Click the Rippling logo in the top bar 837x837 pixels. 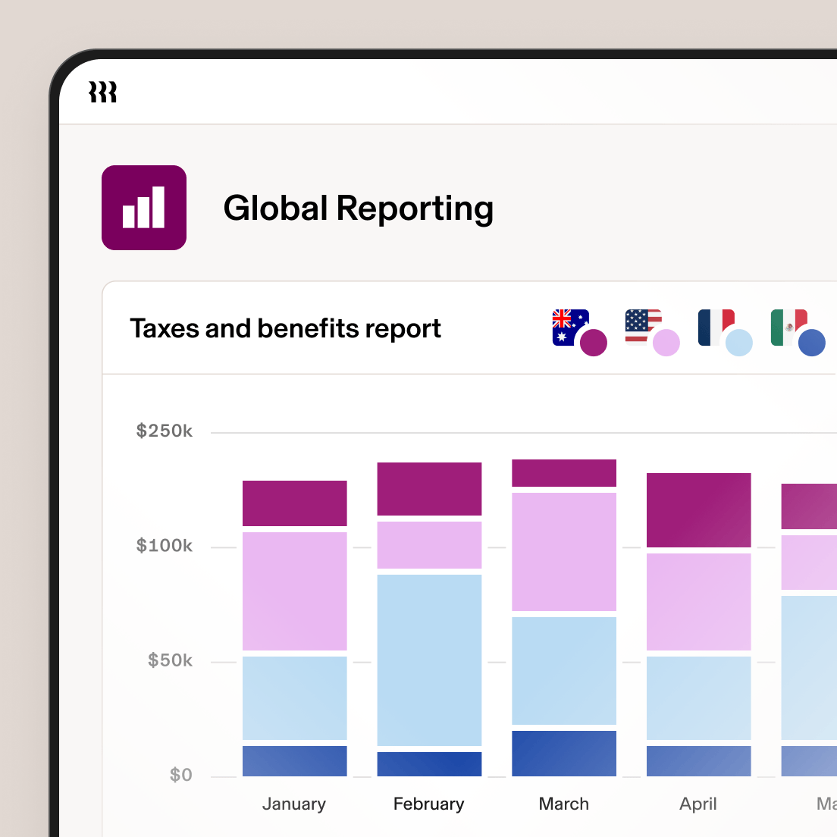[103, 92]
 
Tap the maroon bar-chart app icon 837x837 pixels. [144, 208]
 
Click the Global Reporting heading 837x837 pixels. [358, 208]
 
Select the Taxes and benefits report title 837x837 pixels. [285, 328]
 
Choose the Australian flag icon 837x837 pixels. [570, 328]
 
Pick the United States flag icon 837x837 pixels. [643, 328]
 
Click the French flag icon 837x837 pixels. [716, 328]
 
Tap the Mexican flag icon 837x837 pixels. [788, 328]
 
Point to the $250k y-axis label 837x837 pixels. [164, 431]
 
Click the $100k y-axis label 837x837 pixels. [164, 546]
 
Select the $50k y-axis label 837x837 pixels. [170, 660]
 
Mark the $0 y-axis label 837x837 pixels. [180, 775]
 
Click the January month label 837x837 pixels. [294, 804]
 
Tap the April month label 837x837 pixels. [698, 804]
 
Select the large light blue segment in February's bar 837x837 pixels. [429, 660]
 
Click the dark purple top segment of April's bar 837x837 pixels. [698, 509]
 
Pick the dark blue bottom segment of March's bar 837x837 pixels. [564, 753]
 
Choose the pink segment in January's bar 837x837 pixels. [294, 591]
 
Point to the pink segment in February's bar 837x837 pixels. [429, 544]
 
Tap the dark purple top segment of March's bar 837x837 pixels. [564, 472]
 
